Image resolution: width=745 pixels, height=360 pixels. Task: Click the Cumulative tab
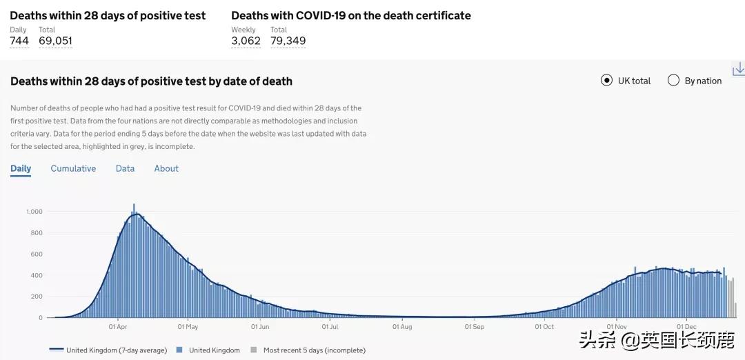tap(73, 168)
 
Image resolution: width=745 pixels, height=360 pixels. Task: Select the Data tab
tap(125, 168)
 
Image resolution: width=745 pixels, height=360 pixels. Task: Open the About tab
tap(166, 168)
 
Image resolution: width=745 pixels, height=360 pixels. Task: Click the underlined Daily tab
tap(21, 168)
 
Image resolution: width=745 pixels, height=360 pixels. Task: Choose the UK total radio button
tap(607, 81)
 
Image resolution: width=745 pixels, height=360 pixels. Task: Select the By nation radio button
tap(674, 81)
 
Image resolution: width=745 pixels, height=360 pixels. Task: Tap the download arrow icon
tap(738, 69)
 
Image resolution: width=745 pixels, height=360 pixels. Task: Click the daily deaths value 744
tap(19, 41)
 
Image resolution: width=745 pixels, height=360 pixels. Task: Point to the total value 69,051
tap(55, 41)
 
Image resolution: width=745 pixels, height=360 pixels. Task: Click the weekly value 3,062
tap(246, 41)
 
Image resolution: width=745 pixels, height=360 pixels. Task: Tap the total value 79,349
tap(288, 41)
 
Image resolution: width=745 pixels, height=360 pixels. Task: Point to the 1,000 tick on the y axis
tap(34, 212)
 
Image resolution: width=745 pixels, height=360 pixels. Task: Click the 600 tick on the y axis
tap(37, 254)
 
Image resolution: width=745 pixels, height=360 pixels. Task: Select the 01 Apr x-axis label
tap(118, 327)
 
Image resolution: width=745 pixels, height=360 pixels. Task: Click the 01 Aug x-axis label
tap(402, 327)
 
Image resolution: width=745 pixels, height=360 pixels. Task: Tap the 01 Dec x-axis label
tap(686, 327)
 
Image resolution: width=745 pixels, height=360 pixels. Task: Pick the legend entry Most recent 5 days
tap(314, 350)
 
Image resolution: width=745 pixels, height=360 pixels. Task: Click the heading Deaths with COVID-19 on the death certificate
tap(351, 15)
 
